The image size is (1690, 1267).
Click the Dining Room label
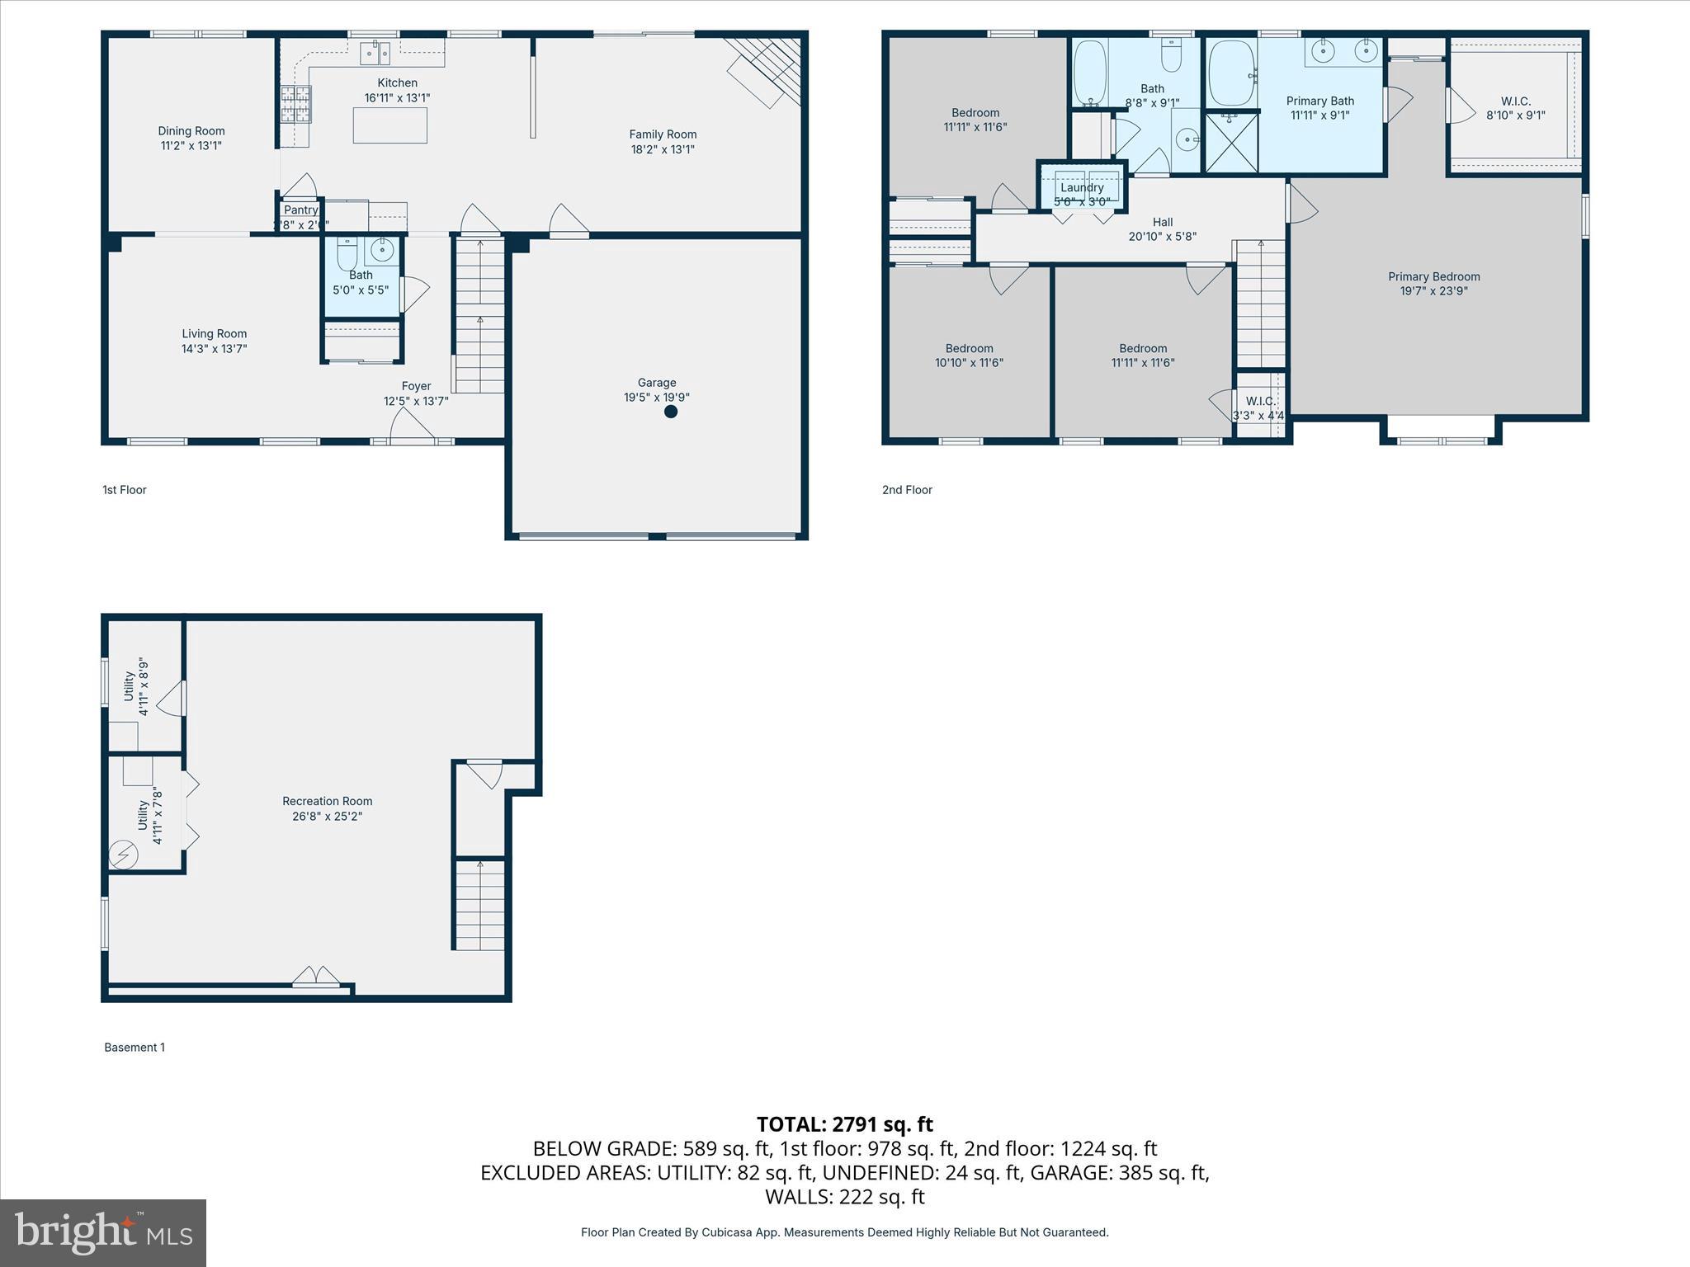click(x=191, y=131)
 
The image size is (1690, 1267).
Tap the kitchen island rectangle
click(x=390, y=125)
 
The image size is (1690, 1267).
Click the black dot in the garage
click(x=671, y=412)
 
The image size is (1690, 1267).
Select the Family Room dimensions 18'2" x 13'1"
click(x=663, y=149)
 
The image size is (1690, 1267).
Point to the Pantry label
click(x=301, y=210)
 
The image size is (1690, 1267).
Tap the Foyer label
click(x=416, y=386)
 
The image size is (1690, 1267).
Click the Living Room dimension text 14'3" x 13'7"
click(x=215, y=349)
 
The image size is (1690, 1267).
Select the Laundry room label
click(x=1082, y=187)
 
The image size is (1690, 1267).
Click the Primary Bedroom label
click(x=1433, y=276)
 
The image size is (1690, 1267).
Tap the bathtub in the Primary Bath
click(x=1232, y=73)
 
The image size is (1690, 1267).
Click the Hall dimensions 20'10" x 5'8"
click(x=1162, y=237)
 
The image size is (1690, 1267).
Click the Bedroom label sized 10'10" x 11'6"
click(x=969, y=348)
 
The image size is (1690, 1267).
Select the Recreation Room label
click(x=327, y=801)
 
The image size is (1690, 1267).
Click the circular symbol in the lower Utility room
click(x=125, y=854)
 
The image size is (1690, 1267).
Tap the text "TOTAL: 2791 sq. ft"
click(x=844, y=1124)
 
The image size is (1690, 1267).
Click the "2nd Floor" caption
click(x=907, y=490)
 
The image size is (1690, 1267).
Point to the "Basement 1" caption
click(x=135, y=1048)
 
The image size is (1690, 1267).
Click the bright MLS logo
click(x=103, y=1232)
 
